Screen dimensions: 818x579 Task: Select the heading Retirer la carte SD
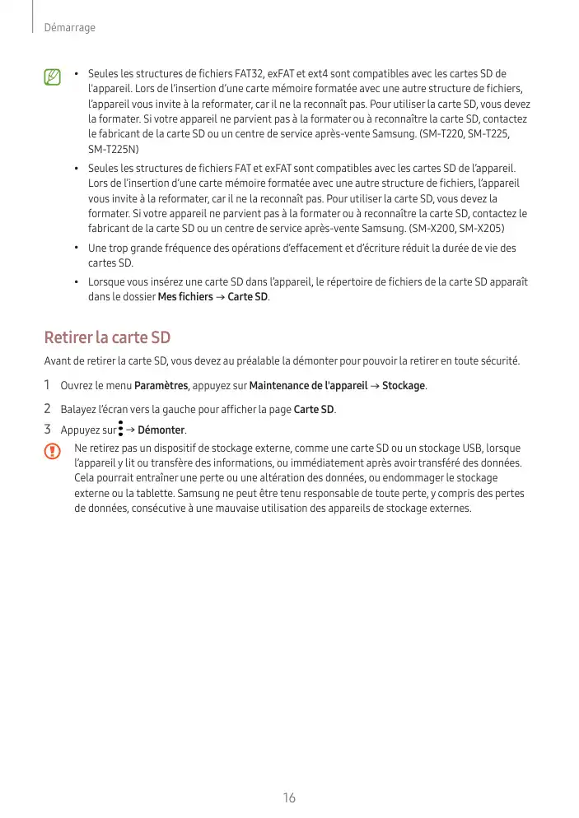point(106,337)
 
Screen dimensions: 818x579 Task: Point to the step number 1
point(48,385)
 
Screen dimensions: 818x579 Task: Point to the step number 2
point(48,408)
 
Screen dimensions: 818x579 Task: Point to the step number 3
point(48,430)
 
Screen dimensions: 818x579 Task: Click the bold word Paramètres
point(161,386)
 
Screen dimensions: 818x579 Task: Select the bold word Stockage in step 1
point(403,386)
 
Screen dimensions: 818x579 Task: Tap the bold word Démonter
point(161,430)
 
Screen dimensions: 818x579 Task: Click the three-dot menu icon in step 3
point(120,429)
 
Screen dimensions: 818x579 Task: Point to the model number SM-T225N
point(113,149)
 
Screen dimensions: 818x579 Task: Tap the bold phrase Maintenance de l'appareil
point(308,386)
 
